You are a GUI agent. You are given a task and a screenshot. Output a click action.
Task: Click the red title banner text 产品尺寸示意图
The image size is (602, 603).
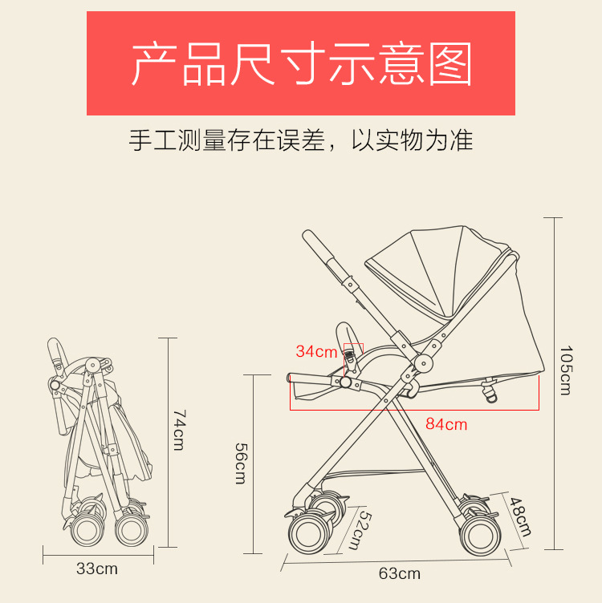pyautogui.click(x=301, y=64)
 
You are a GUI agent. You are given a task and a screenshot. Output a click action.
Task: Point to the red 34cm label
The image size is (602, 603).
pyautogui.click(x=316, y=351)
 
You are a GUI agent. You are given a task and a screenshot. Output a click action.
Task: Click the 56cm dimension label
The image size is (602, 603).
pyautogui.click(x=240, y=463)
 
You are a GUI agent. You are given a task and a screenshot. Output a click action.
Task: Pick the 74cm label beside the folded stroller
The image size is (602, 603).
pyautogui.click(x=178, y=430)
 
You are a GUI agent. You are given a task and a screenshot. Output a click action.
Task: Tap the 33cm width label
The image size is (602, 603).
pyautogui.click(x=96, y=569)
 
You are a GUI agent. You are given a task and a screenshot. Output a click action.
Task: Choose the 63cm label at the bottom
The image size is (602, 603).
pyautogui.click(x=399, y=573)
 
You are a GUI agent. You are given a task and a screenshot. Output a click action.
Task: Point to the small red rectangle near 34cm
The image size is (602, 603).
pyautogui.click(x=353, y=350)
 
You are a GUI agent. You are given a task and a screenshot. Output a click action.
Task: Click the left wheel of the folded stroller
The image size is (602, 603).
pyautogui.click(x=83, y=530)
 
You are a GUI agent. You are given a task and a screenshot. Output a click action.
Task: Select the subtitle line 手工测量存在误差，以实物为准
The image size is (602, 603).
pyautogui.click(x=301, y=140)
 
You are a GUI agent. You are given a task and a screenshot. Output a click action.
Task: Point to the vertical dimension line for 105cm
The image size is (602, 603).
pyautogui.click(x=554, y=383)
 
